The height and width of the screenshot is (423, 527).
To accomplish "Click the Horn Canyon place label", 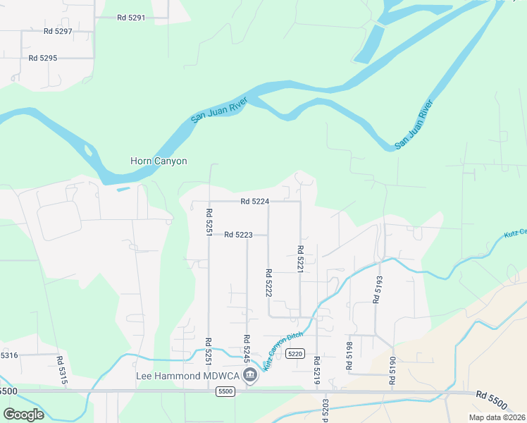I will tap(159, 161).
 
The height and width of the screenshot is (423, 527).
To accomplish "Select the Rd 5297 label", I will tap(58, 31).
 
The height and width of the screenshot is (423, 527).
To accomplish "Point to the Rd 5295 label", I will tap(43, 58).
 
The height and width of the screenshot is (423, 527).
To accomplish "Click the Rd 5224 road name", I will tap(254, 201).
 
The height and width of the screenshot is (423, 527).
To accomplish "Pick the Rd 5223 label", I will tap(238, 235).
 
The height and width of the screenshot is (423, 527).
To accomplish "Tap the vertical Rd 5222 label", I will tap(268, 282).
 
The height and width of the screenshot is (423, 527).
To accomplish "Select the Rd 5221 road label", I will tap(299, 259).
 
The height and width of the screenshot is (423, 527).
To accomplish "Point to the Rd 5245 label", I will tap(247, 348).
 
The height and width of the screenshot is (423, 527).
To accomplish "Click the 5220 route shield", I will tap(295, 353).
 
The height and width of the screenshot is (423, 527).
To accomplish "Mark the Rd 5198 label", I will tap(349, 356).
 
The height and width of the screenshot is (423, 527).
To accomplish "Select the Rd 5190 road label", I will tap(392, 370).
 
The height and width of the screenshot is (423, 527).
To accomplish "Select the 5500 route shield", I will tap(225, 391).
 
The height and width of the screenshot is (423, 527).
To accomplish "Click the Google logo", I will tap(23, 414).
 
